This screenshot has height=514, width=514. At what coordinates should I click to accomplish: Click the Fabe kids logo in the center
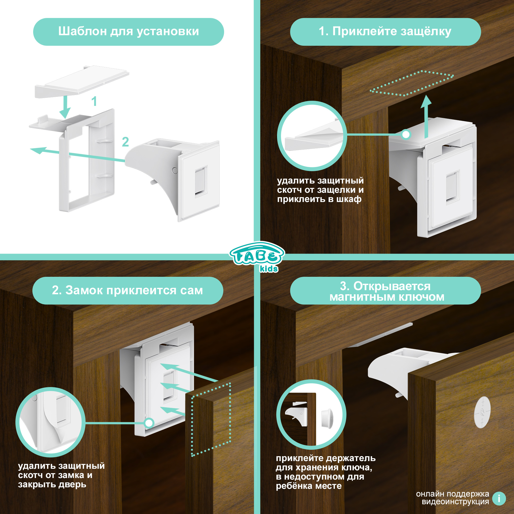click(x=257, y=257)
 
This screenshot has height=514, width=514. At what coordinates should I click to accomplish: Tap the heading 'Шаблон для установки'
click(x=128, y=31)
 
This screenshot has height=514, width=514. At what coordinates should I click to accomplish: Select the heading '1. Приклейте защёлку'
click(x=385, y=31)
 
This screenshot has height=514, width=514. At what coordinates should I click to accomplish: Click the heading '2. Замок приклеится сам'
click(x=127, y=290)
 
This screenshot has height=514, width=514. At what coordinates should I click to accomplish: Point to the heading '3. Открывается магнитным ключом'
click(x=387, y=292)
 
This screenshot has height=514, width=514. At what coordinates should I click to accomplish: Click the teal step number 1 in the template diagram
click(x=94, y=101)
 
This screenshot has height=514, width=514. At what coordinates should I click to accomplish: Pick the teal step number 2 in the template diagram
click(x=125, y=142)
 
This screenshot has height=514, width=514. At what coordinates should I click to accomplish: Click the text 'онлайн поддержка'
click(x=453, y=494)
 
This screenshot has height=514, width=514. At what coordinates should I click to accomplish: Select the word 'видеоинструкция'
click(x=455, y=502)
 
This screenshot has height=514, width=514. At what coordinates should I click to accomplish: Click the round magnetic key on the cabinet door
click(x=482, y=412)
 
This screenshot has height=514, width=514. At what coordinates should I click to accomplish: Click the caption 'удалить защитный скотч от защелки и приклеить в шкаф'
click(x=320, y=190)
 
